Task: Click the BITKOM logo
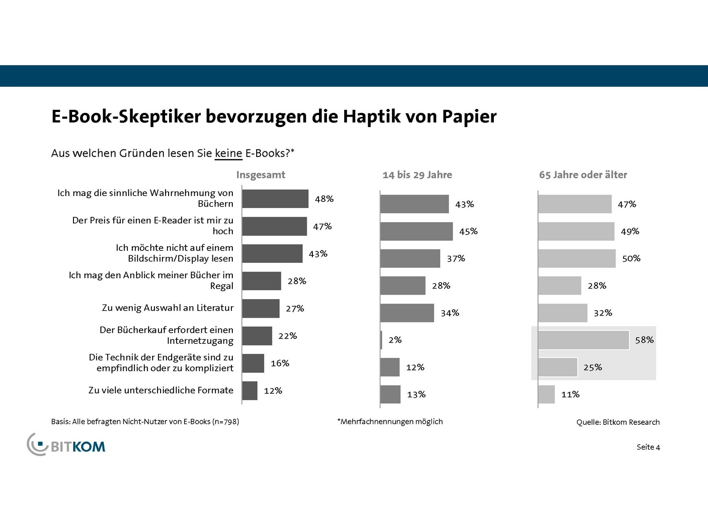pos(67,445)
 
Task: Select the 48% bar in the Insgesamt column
pos(275,199)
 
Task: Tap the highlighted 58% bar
pos(583,340)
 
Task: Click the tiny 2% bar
pos(381,340)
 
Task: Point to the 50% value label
pos(631,258)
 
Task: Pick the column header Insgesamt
pos(261,175)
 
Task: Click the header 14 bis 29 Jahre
pos(417,175)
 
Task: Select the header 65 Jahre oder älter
pos(583,175)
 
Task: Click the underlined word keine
pos(228,154)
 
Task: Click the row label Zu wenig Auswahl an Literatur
pos(167,308)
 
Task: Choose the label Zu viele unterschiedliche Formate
pos(161,390)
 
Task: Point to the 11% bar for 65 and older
pos(546,394)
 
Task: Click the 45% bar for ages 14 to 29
pos(416,231)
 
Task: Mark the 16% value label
pos(280,363)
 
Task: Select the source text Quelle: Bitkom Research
pos(618,422)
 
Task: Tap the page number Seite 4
pos(648,447)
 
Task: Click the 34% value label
pos(450,313)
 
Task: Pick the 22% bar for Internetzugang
pos(257,336)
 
